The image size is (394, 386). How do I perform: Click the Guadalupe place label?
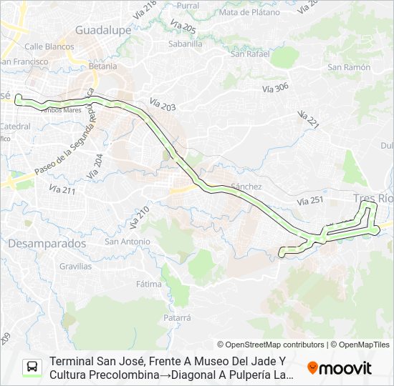click(102, 31)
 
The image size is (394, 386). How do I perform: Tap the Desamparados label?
click(47, 243)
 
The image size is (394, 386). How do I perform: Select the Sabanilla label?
click(185, 43)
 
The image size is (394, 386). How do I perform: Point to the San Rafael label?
click(249, 54)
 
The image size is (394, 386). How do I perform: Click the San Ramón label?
click(349, 67)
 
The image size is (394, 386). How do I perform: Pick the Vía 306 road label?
click(275, 88)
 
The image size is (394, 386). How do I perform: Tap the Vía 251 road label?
click(309, 202)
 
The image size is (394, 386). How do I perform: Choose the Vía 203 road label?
click(163, 104)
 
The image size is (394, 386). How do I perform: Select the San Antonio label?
click(128, 241)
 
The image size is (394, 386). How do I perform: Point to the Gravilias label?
click(75, 266)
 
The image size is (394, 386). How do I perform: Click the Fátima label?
click(148, 284)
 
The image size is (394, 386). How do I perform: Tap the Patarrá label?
click(177, 317)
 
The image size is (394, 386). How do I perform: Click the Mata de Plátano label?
click(249, 12)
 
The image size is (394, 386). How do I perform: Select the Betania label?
click(103, 66)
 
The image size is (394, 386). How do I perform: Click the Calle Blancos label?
click(49, 46)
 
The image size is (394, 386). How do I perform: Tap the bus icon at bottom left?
click(32, 367)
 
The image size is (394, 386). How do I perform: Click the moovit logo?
click(340, 367)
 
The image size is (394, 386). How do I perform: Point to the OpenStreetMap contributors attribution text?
click(271, 345)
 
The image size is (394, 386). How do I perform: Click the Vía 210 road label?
click(139, 217)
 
